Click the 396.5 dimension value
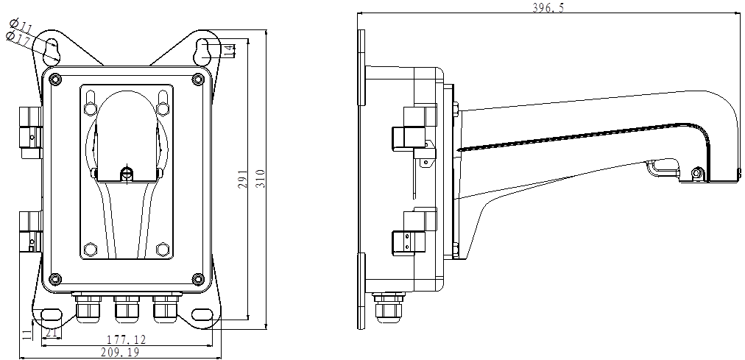(545, 7)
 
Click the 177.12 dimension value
(126, 339)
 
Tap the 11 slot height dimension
(27, 334)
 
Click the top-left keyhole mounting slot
(52, 50)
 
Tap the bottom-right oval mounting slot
(201, 315)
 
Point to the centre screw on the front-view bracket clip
(127, 174)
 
